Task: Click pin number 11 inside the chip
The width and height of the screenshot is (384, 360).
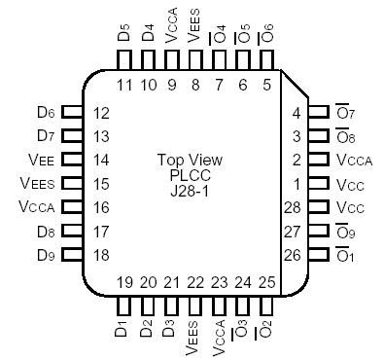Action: [x=123, y=85]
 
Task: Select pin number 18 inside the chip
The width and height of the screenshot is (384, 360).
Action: [x=101, y=254]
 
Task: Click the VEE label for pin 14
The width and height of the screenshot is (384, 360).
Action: [x=41, y=159]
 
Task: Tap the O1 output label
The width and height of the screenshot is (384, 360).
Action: [x=347, y=255]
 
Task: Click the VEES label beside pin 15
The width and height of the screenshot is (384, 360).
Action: [x=38, y=183]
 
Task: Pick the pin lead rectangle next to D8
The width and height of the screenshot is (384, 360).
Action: [x=71, y=231]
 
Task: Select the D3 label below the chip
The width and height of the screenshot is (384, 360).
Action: [x=172, y=328]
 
